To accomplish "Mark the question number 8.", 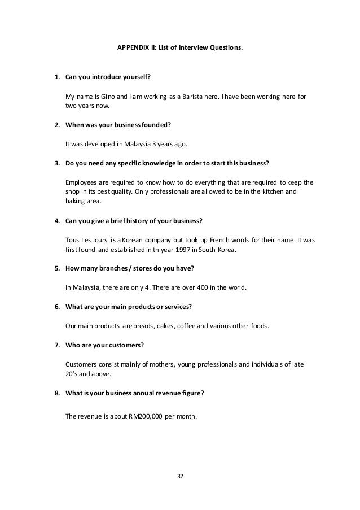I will (56, 393).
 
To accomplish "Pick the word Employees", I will (82, 182).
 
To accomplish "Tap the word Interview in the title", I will (190, 48).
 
